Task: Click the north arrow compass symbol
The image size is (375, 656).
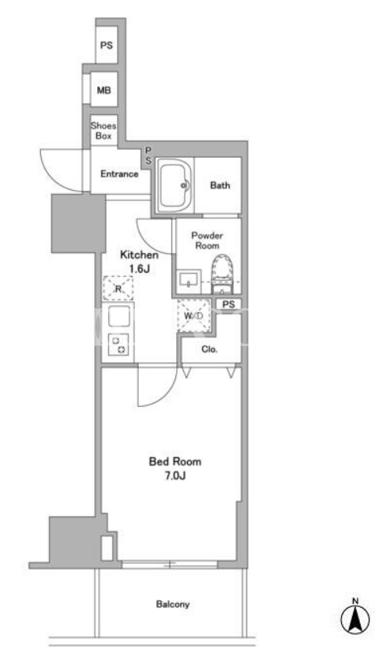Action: [x=355, y=617]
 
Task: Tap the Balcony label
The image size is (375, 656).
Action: [x=173, y=604]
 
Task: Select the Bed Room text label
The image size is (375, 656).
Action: [x=175, y=461]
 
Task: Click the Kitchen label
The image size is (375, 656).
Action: [x=139, y=255]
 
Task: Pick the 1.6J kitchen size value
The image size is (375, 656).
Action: [x=140, y=269]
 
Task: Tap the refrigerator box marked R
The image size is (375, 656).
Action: [x=118, y=288]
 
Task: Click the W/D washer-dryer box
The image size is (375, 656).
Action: [x=193, y=315]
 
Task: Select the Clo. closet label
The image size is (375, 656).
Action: [x=209, y=349]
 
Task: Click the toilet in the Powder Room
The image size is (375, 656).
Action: [x=222, y=274]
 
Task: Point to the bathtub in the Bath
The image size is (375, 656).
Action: [x=175, y=185]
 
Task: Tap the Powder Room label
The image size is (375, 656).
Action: [x=207, y=240]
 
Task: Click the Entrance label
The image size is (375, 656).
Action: [x=119, y=174]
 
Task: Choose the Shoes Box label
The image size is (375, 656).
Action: [x=103, y=131]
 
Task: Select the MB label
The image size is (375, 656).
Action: [x=104, y=90]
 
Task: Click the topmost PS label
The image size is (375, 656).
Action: [x=107, y=45]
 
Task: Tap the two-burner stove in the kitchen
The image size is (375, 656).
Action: [x=118, y=344]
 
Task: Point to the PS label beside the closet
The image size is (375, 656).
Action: [x=229, y=304]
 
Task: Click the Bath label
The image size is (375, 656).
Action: [x=220, y=185]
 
